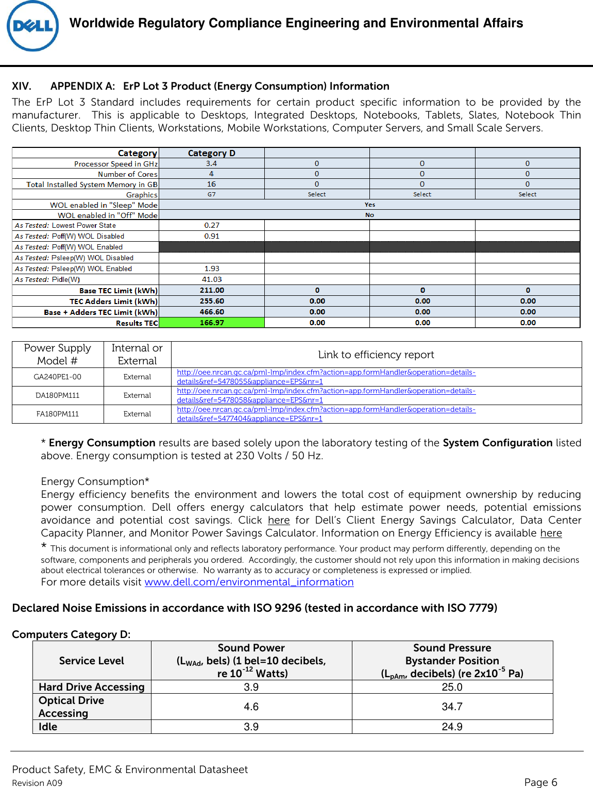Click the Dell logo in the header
[x=32, y=26]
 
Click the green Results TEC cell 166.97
[x=212, y=323]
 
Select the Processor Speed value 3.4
[x=212, y=163]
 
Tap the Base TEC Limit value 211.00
[x=212, y=290]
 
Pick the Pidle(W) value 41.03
[x=212, y=279]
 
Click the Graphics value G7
[x=212, y=194]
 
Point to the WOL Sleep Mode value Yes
[x=369, y=205]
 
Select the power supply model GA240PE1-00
[x=58, y=377]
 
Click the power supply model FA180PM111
[x=58, y=414]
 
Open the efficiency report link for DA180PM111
[x=326, y=395]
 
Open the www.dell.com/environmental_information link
[x=249, y=582]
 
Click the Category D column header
[x=212, y=153]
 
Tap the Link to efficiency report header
[x=376, y=355]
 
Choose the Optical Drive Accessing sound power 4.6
[x=251, y=707]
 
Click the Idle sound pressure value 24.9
[x=452, y=727]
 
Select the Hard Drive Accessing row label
[x=92, y=687]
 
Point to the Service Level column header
[x=92, y=661]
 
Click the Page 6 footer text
[x=540, y=782]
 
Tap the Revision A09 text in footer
[x=37, y=783]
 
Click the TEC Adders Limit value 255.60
[x=212, y=301]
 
